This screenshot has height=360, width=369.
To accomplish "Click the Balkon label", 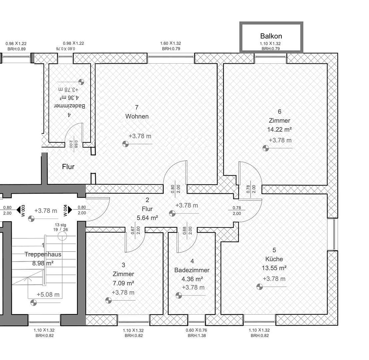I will pos(271,36).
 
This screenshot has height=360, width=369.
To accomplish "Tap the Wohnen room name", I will pos(137,116).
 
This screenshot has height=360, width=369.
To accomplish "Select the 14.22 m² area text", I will pos(279,130).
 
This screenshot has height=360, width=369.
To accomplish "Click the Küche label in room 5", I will pos(274,259).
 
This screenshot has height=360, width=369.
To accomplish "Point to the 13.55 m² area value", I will pos(274,268).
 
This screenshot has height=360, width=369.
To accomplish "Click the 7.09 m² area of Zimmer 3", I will pos(123,283).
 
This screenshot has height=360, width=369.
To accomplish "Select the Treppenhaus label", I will pos(43,254).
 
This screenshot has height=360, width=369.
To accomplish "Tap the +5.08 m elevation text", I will pos(48,295).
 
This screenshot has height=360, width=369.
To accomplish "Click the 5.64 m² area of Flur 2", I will pos(147,218).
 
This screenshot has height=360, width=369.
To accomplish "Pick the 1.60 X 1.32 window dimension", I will pos(171,43).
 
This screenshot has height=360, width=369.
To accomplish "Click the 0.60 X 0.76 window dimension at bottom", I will pos(196,330).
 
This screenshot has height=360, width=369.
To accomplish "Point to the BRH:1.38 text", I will pos(197,336).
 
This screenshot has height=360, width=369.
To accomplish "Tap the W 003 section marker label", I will pos(23,210).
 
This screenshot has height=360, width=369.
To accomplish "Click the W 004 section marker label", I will pos(65,210).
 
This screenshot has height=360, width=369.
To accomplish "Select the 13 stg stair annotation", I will pos(60,225).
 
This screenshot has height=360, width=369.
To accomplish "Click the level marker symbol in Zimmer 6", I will pos(265,148).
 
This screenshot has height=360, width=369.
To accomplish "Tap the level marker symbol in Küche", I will pos(259,287).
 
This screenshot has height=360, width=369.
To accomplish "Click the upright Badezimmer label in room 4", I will pos(192,270).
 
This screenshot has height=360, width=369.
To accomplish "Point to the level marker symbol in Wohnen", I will pos(125,144).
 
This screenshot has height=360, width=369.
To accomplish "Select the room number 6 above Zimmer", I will pos(279,112).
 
